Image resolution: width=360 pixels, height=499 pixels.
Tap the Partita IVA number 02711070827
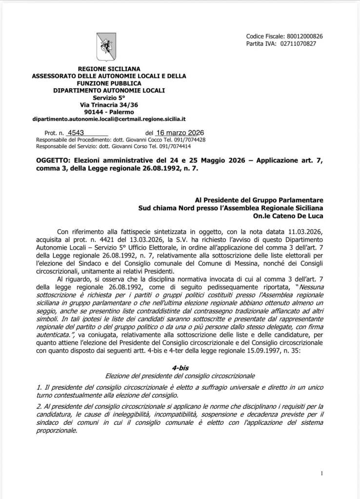[x=298, y=44]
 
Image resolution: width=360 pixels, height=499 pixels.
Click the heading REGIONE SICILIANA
[x=109, y=69]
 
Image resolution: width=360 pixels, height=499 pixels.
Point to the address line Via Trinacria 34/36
[x=109, y=104]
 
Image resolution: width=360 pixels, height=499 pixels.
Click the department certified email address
[x=109, y=119]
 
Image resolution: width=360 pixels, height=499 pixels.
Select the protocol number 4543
[x=77, y=133]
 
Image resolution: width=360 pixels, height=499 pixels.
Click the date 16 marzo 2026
[x=180, y=133]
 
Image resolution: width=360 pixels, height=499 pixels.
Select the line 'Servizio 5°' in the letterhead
[x=109, y=98]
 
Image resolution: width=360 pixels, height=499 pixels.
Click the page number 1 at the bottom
[x=322, y=473]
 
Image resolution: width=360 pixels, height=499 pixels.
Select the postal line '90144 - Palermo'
[x=109, y=112]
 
